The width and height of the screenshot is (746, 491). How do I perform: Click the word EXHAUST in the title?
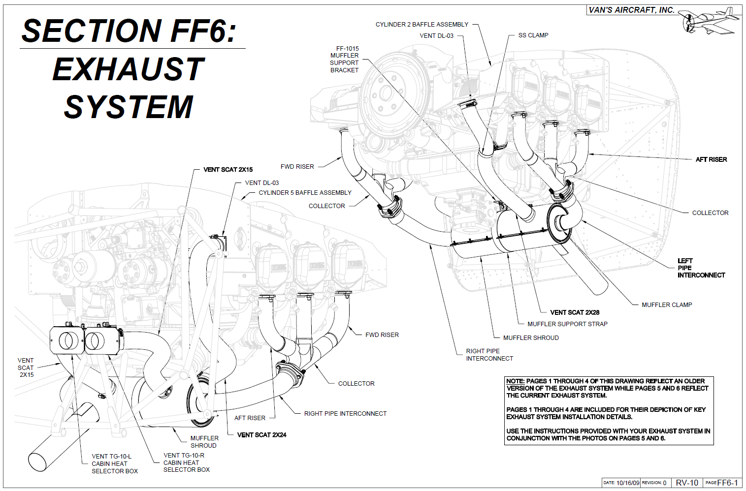[x=128, y=69]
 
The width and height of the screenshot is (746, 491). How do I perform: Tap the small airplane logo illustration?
[x=710, y=21]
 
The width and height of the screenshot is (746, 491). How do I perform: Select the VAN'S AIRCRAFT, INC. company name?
[x=631, y=10]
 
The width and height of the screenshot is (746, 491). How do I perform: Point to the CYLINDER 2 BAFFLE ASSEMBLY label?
[x=422, y=24]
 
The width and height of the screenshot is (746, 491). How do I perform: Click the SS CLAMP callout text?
[x=533, y=35]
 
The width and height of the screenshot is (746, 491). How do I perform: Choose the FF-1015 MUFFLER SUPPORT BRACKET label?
[x=345, y=60]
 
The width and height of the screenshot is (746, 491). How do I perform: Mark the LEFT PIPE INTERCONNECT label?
[x=701, y=268]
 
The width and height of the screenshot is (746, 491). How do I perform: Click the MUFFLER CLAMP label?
[x=667, y=305]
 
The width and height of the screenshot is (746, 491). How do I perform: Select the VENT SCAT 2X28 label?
[x=575, y=312]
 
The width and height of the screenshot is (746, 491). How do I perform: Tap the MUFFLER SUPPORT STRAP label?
[x=567, y=324]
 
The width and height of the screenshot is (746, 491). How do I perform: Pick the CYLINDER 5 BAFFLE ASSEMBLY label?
[x=305, y=193]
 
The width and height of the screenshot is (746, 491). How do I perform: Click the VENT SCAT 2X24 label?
[x=261, y=435]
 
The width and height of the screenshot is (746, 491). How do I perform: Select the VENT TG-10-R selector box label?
[x=186, y=462]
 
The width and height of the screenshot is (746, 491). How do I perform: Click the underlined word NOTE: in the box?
[x=515, y=381]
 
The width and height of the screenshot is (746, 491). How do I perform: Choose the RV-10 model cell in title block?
[x=686, y=483]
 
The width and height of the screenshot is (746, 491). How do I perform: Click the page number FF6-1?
[x=727, y=483]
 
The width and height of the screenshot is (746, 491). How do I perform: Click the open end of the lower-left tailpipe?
[x=37, y=461]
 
